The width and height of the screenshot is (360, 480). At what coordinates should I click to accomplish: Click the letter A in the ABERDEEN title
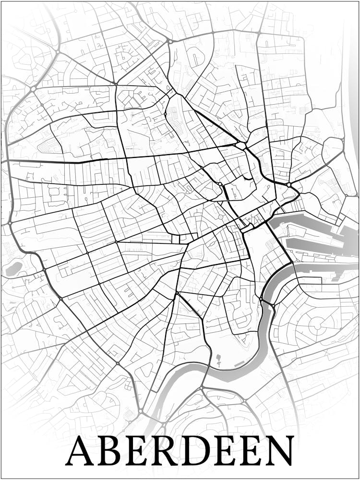coord(81,451)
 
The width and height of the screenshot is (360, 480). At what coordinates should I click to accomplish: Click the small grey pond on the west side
coord(13,269)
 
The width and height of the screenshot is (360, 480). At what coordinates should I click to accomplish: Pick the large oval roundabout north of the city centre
coord(240,145)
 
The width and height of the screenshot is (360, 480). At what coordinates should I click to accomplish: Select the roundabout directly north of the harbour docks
coord(289,184)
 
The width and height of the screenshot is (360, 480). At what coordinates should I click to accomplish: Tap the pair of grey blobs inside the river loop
coord(218,359)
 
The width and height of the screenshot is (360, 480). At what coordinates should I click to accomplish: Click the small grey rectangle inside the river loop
coord(240,365)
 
